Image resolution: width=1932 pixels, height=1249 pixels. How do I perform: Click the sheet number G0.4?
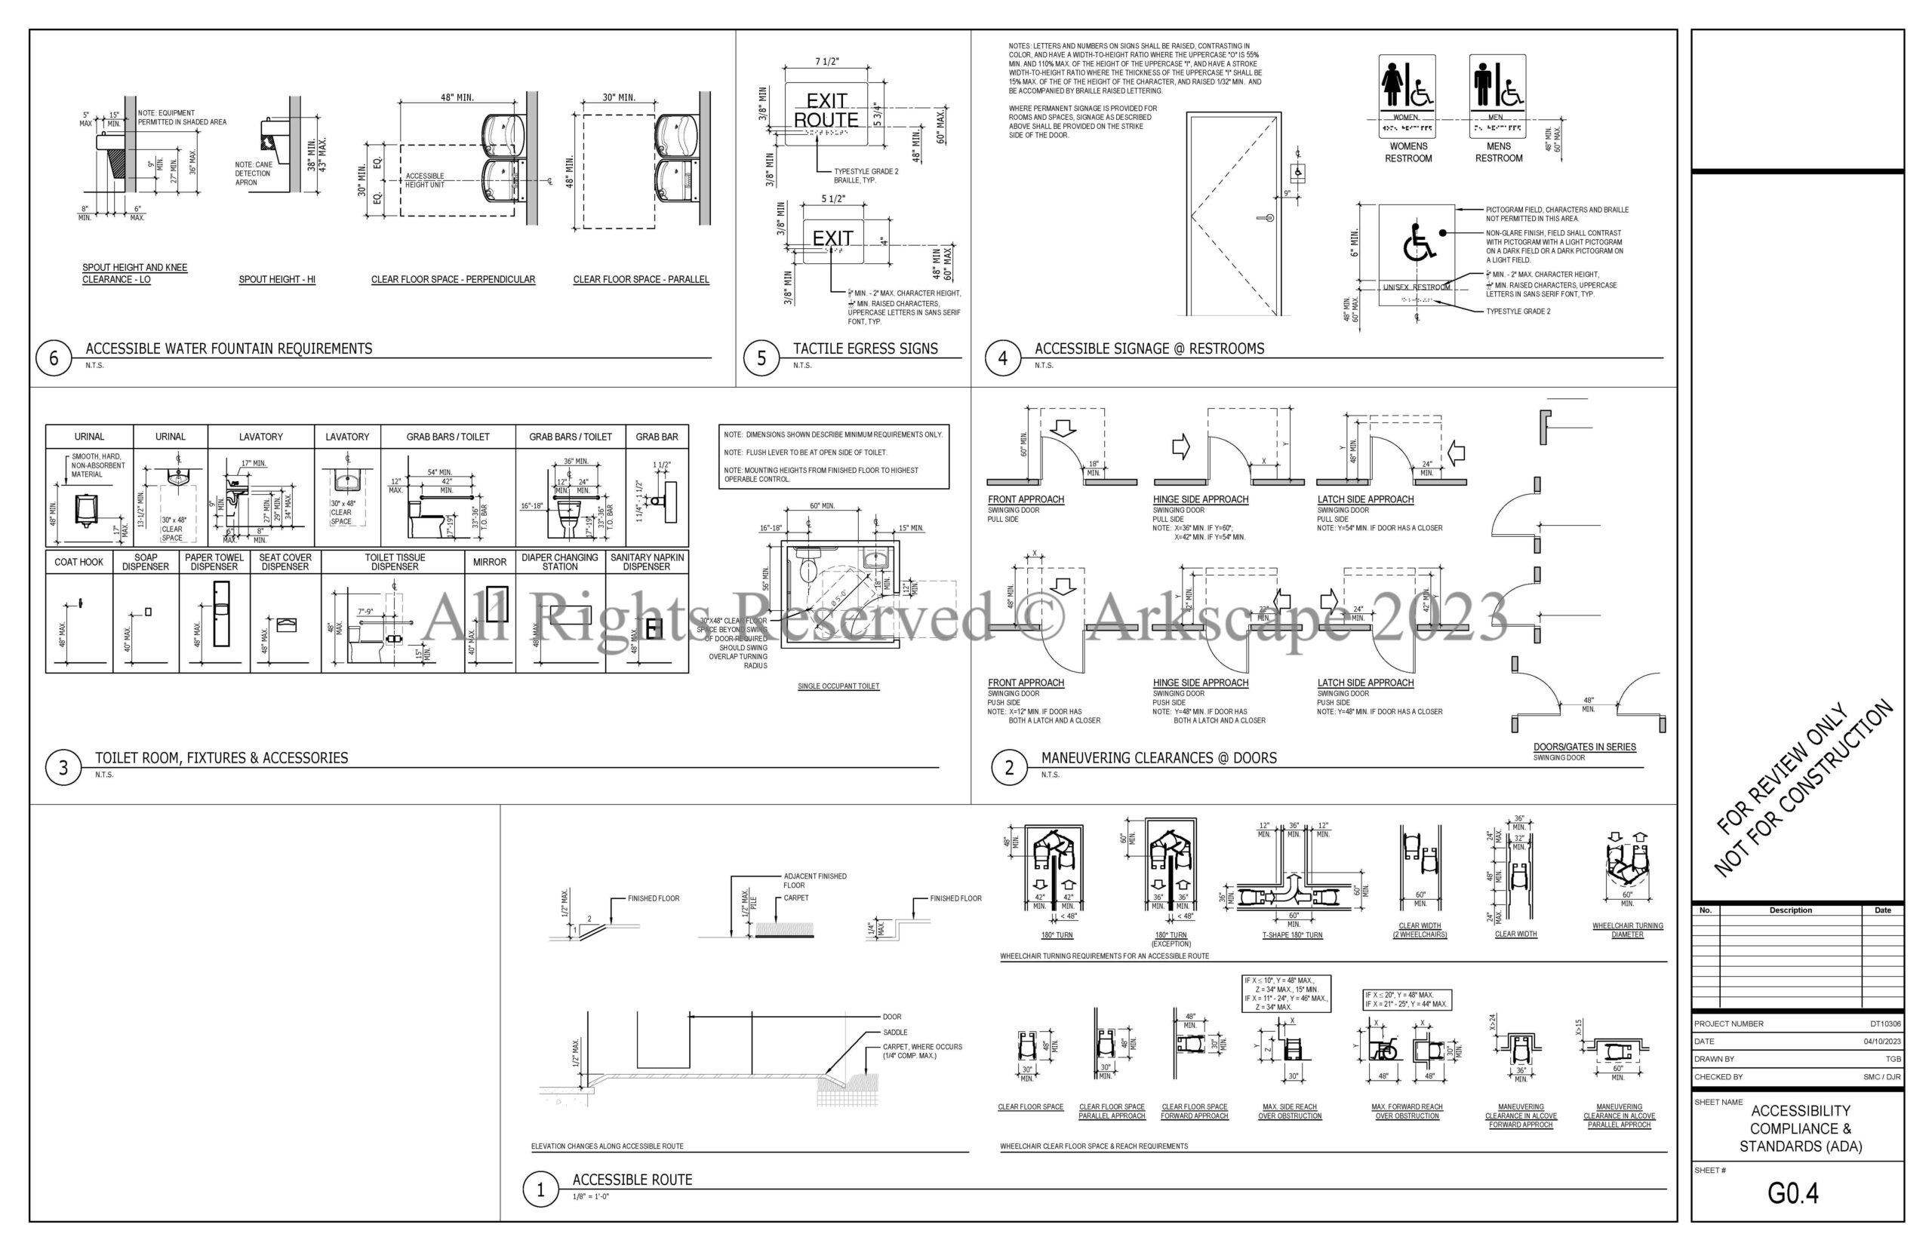coord(1792,1193)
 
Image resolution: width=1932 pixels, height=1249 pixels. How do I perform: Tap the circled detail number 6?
coord(54,358)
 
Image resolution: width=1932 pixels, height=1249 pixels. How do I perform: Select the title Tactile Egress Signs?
coord(865,348)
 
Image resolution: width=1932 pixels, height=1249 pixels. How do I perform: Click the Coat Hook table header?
coord(78,562)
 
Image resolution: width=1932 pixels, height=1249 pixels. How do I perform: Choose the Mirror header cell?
coord(489,562)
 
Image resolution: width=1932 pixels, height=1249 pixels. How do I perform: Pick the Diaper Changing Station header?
coord(560,562)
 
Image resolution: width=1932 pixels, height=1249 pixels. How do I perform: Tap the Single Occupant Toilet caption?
coord(838,686)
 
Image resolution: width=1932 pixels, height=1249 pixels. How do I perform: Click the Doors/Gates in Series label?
coord(1584,747)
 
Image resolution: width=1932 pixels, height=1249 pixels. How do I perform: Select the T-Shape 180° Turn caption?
coord(1292,935)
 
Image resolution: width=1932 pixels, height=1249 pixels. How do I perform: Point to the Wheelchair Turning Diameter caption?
coord(1627,930)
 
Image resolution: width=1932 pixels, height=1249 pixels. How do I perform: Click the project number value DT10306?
coord(1886,1023)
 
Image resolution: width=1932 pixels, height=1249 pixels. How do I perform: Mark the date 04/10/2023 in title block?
coord(1881,1042)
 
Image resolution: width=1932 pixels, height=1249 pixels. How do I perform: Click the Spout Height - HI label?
coord(277,280)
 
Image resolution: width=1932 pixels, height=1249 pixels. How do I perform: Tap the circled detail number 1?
coord(540,1190)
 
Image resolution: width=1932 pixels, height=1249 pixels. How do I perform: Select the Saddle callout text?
coord(895,1033)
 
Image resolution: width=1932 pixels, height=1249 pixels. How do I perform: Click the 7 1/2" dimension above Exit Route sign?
coord(827,62)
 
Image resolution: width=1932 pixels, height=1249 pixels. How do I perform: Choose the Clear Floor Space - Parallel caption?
coord(641,280)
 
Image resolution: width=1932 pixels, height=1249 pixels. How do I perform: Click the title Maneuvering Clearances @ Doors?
coord(1158,758)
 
